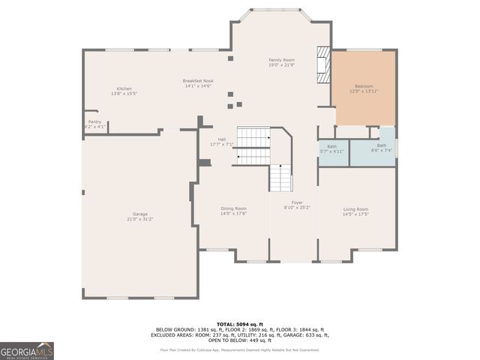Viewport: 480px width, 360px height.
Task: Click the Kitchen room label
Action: [x=124, y=88]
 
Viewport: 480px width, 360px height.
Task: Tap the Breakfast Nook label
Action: [x=198, y=81]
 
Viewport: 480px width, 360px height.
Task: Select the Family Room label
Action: [x=282, y=59]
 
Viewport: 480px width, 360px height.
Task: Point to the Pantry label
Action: [x=94, y=121]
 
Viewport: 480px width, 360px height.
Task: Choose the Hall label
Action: [x=222, y=139]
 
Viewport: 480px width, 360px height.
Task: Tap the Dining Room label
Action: [x=233, y=208]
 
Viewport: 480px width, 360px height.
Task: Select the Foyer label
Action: [x=297, y=202]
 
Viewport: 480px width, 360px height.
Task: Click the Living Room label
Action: [x=355, y=209]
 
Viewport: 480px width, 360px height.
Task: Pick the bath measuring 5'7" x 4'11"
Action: [x=331, y=148]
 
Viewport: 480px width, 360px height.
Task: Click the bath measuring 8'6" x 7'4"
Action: [x=382, y=148]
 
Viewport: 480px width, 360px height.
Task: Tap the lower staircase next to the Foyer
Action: [x=280, y=178]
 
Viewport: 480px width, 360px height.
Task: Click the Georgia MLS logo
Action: [x=27, y=351]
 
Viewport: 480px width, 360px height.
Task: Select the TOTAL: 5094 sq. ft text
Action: [x=239, y=323]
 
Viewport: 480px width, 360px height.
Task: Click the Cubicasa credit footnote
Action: [x=239, y=349]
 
